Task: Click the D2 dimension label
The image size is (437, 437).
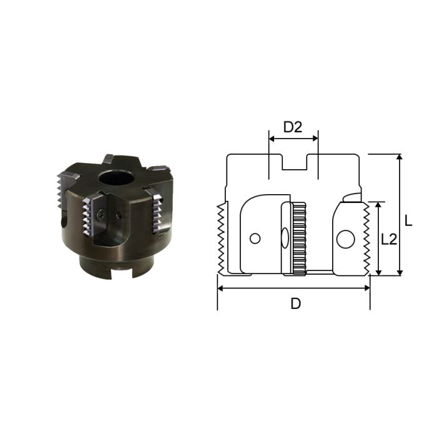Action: [x=293, y=127]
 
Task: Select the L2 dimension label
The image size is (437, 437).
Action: [x=390, y=238]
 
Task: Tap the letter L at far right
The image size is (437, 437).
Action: [x=408, y=220]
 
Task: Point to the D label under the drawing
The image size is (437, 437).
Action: [x=296, y=304]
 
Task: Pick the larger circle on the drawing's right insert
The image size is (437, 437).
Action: [x=345, y=238]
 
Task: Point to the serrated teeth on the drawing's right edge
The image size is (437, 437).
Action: [x=366, y=237]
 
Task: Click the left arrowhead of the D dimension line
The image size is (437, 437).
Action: [x=220, y=288]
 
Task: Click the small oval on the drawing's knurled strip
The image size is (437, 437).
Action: [x=284, y=238]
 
